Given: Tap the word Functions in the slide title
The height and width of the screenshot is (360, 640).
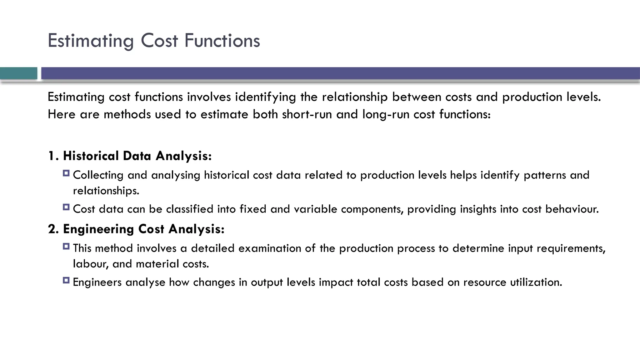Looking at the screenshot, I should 222,41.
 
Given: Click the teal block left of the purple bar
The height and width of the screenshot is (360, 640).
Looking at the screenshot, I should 18,73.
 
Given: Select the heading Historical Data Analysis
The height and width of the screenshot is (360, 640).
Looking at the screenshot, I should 137,156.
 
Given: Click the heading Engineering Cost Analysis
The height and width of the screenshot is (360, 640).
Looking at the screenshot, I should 144,229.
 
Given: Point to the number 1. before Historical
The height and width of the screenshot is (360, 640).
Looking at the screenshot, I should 53,156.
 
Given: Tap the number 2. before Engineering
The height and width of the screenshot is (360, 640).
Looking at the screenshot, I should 53,229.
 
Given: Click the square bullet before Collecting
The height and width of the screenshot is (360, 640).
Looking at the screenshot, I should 66,173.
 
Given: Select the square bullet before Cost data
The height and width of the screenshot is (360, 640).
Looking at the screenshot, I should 66,207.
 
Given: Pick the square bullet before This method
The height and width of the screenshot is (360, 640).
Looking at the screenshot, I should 66,246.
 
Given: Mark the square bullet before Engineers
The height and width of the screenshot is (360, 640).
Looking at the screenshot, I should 66,280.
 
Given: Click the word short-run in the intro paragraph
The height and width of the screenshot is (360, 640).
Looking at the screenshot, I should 307,114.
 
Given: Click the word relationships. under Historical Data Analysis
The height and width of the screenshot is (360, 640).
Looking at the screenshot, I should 106,191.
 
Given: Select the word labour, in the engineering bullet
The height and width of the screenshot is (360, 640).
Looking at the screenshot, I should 91,264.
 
